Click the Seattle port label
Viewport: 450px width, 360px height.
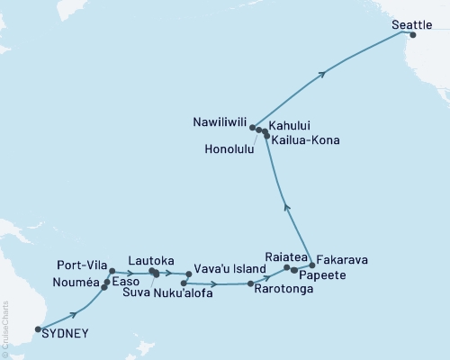[411, 26]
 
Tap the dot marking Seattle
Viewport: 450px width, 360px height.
[413, 35]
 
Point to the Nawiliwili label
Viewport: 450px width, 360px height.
[219, 119]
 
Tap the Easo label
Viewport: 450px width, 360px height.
[127, 283]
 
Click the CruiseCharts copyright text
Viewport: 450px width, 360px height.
[6, 328]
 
